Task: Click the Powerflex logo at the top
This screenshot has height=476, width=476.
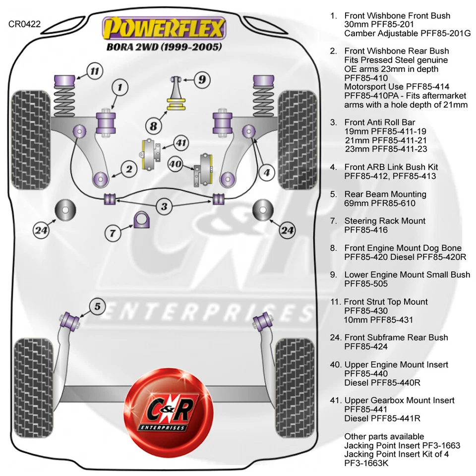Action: point(164,28)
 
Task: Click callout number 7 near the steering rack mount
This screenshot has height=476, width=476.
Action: point(113,232)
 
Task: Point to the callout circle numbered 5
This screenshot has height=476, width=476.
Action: point(97,306)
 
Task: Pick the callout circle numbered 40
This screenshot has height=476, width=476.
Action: point(176,164)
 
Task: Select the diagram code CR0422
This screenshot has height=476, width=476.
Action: point(24,23)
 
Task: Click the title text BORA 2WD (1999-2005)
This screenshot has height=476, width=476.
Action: point(164,47)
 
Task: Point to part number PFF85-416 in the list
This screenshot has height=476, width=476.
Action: point(366,230)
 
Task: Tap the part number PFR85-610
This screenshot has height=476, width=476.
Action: point(380,203)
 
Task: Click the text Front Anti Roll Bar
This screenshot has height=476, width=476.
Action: point(380,122)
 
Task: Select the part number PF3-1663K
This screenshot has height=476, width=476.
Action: point(366,463)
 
